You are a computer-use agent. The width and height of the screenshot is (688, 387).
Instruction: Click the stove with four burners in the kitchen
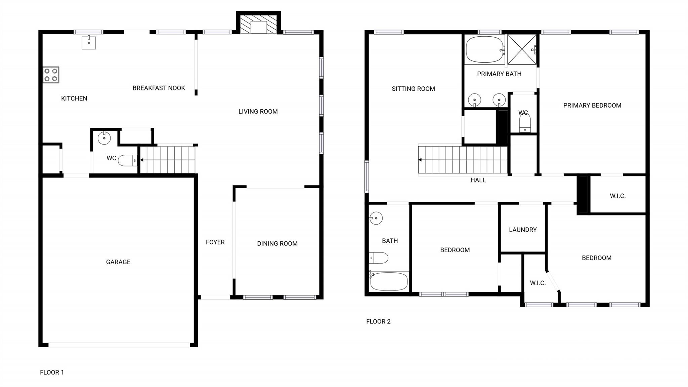pyautogui.click(x=51, y=75)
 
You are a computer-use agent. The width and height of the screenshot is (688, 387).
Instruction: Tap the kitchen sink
pyautogui.click(x=89, y=43)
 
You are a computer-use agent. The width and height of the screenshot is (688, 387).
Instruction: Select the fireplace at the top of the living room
pyautogui.click(x=258, y=24)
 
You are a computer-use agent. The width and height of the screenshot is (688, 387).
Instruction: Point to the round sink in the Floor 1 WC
pyautogui.click(x=104, y=138)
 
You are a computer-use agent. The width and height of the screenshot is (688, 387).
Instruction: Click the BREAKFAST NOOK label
pyautogui.click(x=159, y=88)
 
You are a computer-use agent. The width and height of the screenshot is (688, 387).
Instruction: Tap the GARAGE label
pyautogui.click(x=118, y=262)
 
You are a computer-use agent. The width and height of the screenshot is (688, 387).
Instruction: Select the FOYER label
pyautogui.click(x=215, y=242)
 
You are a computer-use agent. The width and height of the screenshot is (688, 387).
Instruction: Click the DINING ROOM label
pyautogui.click(x=277, y=243)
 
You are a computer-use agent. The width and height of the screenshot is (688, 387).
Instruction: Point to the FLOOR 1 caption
pyautogui.click(x=52, y=372)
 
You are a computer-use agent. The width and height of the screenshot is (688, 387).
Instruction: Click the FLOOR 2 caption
pyautogui.click(x=378, y=321)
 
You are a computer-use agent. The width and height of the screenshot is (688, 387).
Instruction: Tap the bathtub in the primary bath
pyautogui.click(x=484, y=50)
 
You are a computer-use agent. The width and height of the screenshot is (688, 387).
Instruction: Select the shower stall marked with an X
pyautogui.click(x=522, y=49)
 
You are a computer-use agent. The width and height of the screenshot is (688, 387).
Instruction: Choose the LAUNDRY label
pyautogui.click(x=523, y=230)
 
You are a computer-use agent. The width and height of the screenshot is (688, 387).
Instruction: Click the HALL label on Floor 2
pyautogui.click(x=478, y=180)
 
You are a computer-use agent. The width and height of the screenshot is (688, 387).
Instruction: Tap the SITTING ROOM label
pyautogui.click(x=413, y=89)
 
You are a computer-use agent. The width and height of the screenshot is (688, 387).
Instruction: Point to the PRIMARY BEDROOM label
pyautogui.click(x=592, y=106)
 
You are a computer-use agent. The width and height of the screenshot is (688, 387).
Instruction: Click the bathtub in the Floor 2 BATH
pyautogui.click(x=389, y=281)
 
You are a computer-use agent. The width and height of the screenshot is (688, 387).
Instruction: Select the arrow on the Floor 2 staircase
pyautogui.click(x=420, y=160)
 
